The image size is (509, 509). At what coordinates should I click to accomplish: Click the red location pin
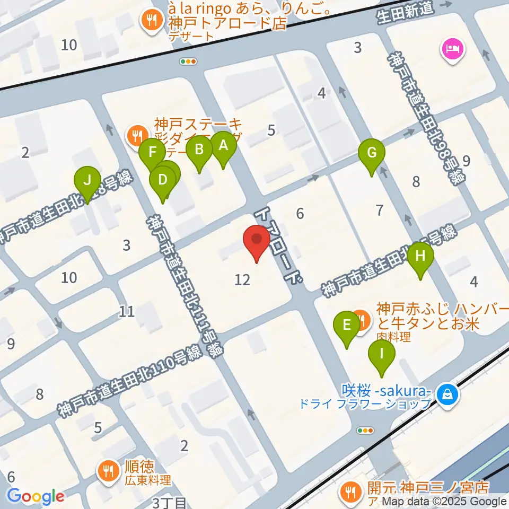click(x=257, y=242)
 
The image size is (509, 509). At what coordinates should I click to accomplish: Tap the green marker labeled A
click(x=223, y=147)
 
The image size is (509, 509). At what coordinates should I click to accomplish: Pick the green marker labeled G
click(x=372, y=154)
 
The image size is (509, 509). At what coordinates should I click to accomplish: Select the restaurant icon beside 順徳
click(x=108, y=469)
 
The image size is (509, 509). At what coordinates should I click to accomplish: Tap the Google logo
click(x=36, y=496)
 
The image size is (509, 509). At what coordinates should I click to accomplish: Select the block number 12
click(x=242, y=279)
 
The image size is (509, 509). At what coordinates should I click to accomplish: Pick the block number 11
click(x=126, y=311)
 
